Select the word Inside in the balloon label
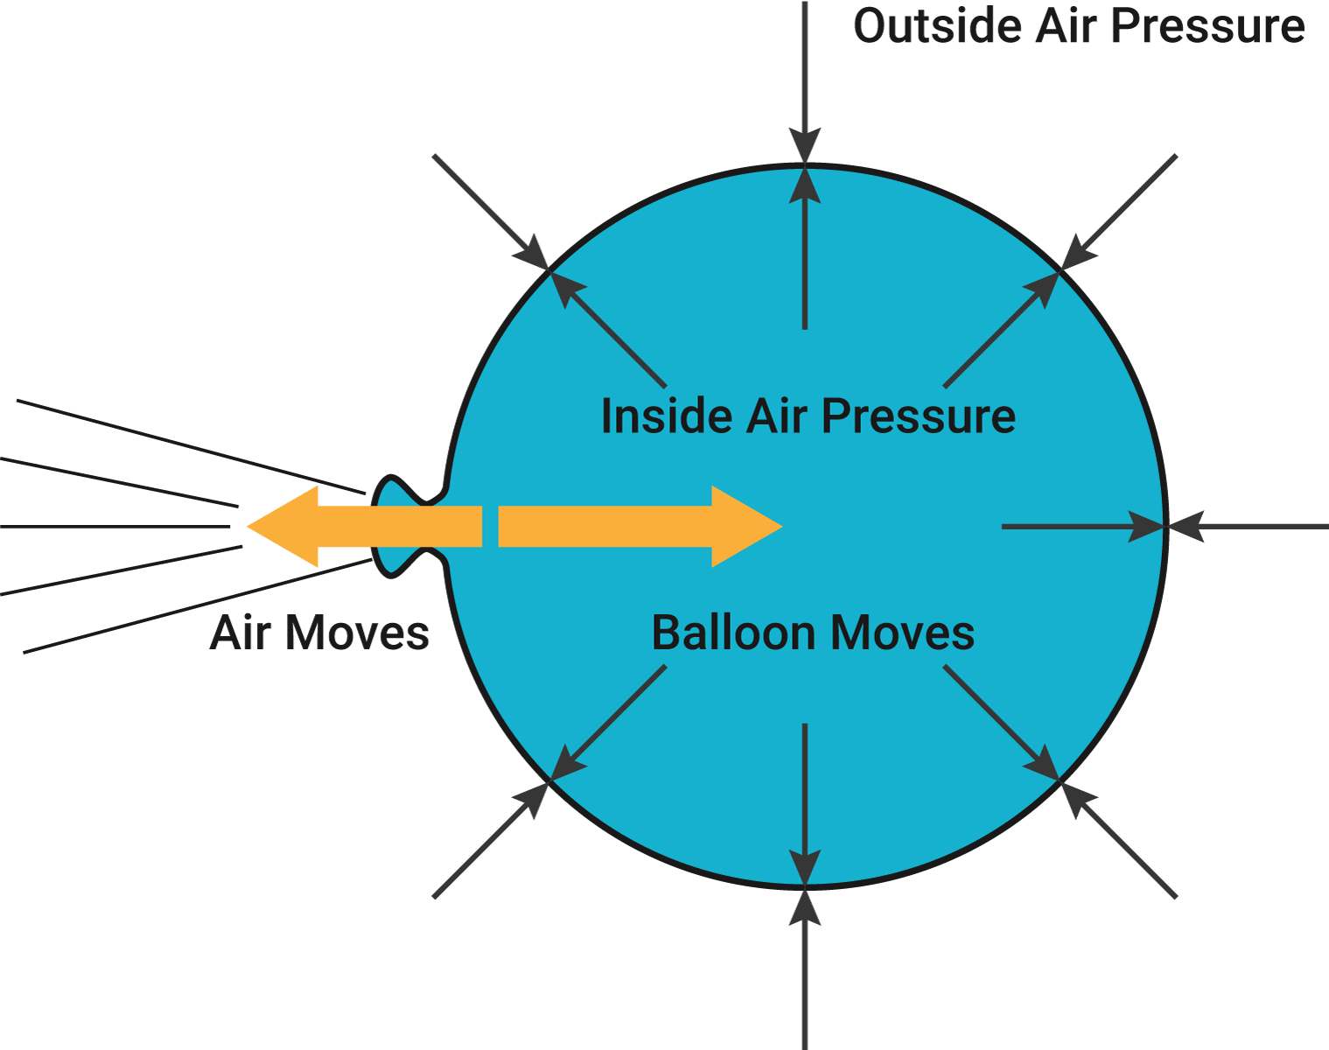(667, 416)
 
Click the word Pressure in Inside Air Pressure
(919, 416)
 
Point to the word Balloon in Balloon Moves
(734, 633)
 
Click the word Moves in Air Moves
(357, 633)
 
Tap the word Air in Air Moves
(241, 633)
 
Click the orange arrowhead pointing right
(747, 526)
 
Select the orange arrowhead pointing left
(283, 526)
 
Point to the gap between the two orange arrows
(490, 526)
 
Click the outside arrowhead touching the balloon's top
(805, 146)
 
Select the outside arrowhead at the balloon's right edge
(1186, 527)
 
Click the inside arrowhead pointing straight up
(805, 185)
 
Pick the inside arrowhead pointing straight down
(805, 868)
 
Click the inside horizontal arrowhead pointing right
(1147, 527)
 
